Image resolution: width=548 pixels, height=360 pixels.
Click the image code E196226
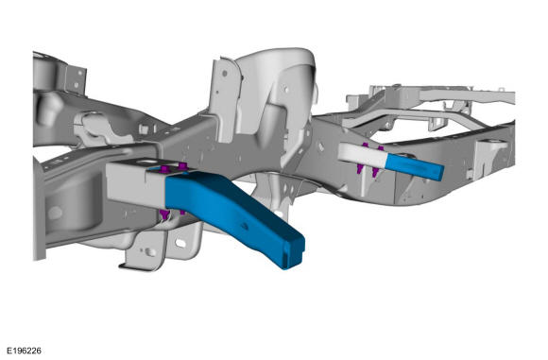coord(25,351)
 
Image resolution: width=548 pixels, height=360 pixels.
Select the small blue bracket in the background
coord(414,167)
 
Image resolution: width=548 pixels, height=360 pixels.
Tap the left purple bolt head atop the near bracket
coord(164,169)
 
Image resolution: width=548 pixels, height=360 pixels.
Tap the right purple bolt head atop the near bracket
coord(182,165)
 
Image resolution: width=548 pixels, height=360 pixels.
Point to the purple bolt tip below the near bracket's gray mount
coord(164,214)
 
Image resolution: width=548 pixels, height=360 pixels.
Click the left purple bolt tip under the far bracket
coord(359,169)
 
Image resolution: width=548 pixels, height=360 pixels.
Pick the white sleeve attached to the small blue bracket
coord(362,154)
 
